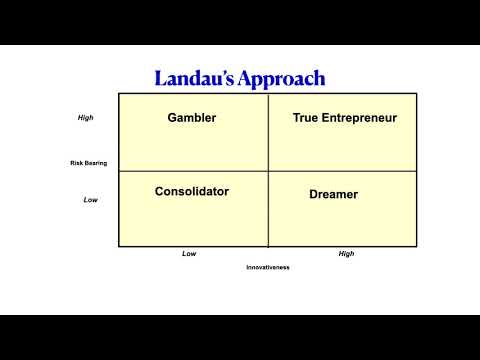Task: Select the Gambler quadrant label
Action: [x=192, y=118]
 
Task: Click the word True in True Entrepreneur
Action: [x=306, y=118]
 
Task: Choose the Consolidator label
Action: [x=192, y=191]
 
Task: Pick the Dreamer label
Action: [x=334, y=194]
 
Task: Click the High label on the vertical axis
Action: [x=85, y=118]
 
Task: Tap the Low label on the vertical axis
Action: [x=90, y=200]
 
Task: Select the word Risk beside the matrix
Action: [x=77, y=163]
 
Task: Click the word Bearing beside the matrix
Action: [x=95, y=163]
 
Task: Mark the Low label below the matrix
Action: [x=189, y=254]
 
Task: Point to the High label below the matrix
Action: [x=346, y=254]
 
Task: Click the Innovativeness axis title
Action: [x=268, y=267]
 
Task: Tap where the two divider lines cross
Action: [x=268, y=171]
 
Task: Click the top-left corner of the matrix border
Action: [x=119, y=94]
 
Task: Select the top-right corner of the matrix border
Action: [x=417, y=94]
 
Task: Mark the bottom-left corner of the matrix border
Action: [x=119, y=246]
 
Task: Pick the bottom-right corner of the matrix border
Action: [x=417, y=246]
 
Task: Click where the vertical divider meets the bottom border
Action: [x=268, y=246]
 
